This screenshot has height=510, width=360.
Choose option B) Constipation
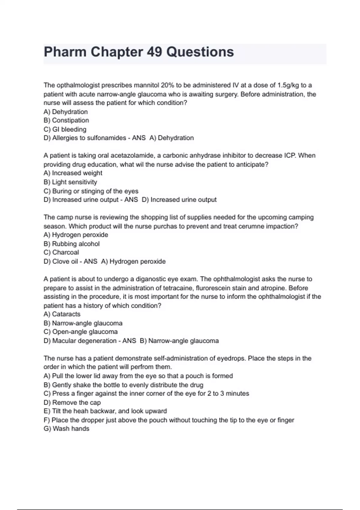click(x=66, y=120)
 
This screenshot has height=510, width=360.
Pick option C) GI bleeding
click(x=65, y=129)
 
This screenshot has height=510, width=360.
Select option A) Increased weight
click(x=73, y=173)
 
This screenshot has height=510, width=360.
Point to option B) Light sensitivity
click(x=70, y=182)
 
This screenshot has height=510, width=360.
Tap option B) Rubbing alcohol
click(x=71, y=244)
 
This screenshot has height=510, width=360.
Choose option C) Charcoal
click(x=61, y=252)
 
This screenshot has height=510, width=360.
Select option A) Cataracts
click(x=62, y=314)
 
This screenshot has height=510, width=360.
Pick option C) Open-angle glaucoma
click(x=80, y=332)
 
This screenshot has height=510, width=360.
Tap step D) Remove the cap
click(x=72, y=402)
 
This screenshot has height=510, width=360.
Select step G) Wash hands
click(x=66, y=429)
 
